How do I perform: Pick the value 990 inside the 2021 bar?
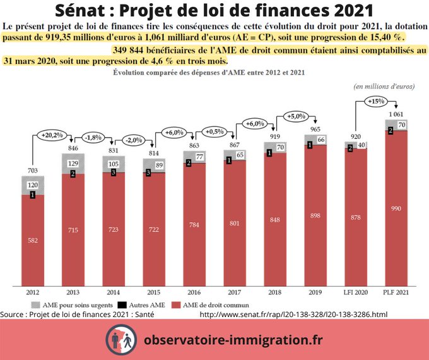[x=396, y=208]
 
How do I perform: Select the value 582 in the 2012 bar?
[x=33, y=239]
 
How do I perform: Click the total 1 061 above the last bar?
[x=395, y=114]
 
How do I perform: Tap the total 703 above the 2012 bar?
[x=33, y=171]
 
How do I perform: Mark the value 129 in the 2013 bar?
[x=74, y=164]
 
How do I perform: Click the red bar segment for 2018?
[x=275, y=221]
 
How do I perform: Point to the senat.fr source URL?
[x=293, y=314]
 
